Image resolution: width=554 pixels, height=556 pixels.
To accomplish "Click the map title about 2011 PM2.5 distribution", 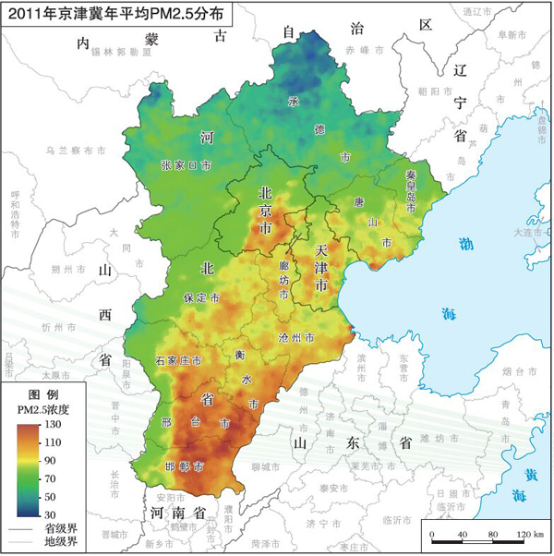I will coord(115,15).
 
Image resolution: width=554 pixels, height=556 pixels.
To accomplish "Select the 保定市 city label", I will coord(201,299).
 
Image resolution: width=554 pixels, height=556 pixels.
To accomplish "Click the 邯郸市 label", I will coord(184,466).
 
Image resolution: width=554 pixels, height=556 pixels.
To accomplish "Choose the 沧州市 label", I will coord(295,338).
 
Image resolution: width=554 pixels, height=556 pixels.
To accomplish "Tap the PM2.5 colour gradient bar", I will coord(31,466).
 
